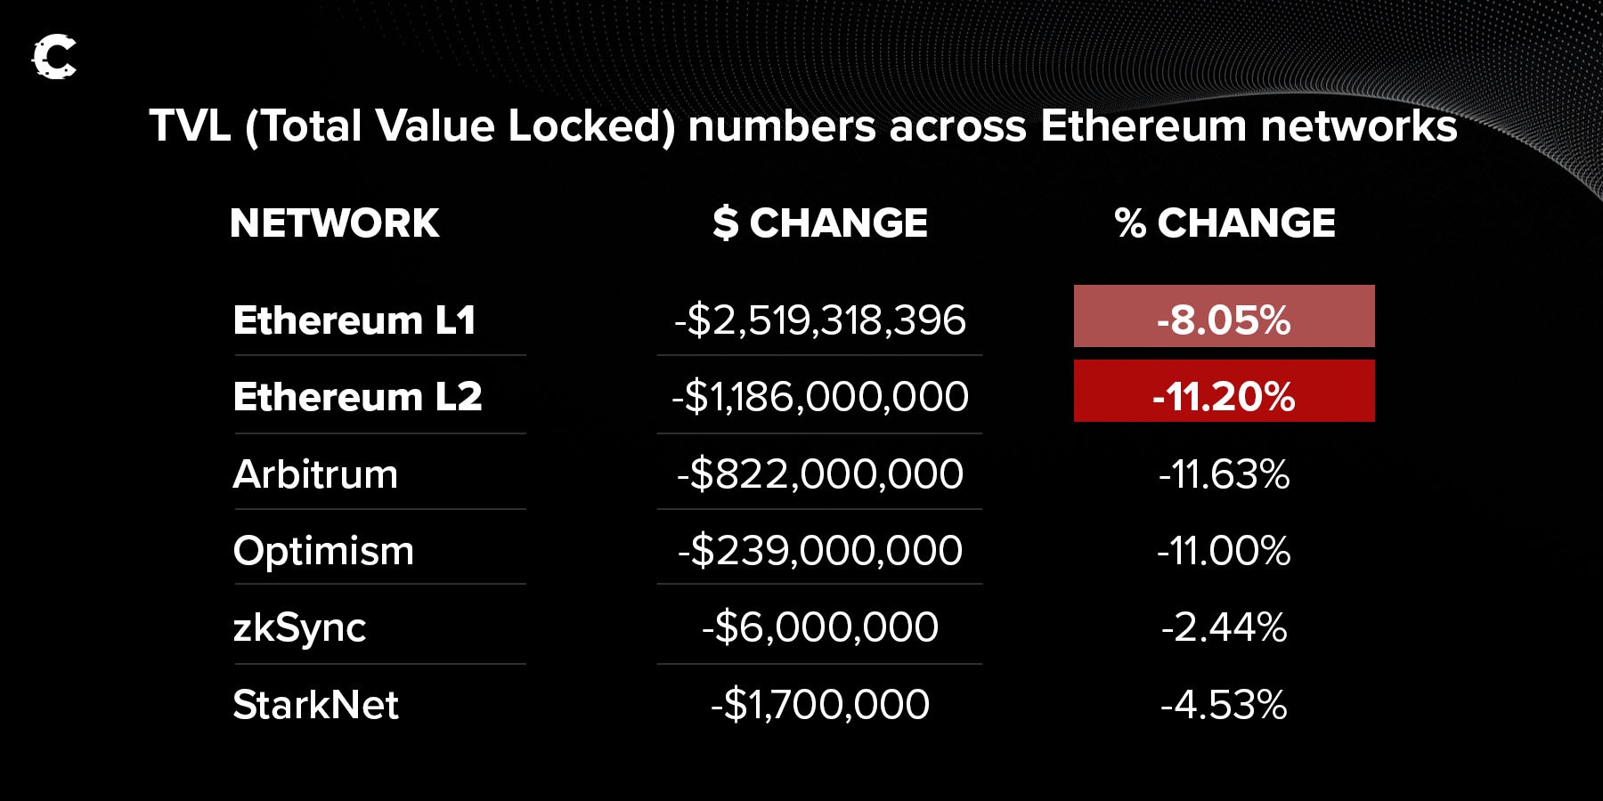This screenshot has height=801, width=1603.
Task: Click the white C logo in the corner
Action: click(54, 58)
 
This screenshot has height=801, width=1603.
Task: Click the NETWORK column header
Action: click(334, 222)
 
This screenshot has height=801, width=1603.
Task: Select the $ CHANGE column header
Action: click(819, 222)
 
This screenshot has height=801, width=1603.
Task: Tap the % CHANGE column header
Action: click(1225, 222)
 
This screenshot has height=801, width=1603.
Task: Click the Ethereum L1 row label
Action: click(354, 320)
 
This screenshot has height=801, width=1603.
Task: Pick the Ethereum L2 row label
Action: click(357, 397)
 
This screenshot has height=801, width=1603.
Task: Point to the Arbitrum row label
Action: click(315, 474)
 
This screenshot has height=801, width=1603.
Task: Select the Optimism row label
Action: click(323, 551)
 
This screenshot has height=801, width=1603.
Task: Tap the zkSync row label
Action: click(299, 628)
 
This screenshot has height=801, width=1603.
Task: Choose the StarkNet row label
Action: click(315, 705)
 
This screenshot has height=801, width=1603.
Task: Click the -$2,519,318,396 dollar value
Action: click(819, 320)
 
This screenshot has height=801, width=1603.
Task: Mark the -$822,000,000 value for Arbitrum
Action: click(819, 474)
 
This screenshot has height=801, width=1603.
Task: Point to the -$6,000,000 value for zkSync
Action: click(819, 627)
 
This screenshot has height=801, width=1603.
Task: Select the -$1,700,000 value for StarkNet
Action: click(819, 705)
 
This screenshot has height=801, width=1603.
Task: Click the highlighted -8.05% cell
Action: click(1224, 317)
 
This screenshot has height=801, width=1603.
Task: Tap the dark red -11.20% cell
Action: click(1224, 392)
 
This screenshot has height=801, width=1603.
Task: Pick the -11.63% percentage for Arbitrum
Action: click(1224, 474)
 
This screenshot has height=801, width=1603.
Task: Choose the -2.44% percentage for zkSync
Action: click(1224, 627)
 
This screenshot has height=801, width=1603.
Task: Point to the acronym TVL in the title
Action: click(190, 126)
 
